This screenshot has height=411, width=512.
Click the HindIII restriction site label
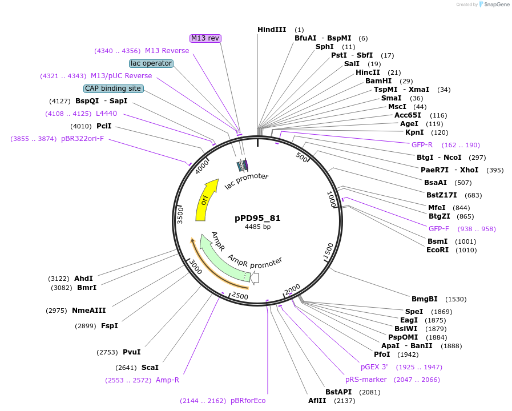(272, 29)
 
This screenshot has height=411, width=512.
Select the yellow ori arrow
(205, 200)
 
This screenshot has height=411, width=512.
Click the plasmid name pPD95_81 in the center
(257, 218)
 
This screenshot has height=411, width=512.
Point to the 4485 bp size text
(257, 227)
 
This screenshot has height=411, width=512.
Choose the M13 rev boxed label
(205, 38)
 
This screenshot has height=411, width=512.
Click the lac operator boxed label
(151, 63)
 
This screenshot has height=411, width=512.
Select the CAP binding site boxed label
(113, 88)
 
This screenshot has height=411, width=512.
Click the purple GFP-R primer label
(422, 144)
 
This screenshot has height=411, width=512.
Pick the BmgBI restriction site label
(424, 299)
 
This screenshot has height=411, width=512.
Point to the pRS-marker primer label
(366, 379)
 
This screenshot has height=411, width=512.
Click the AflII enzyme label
(317, 400)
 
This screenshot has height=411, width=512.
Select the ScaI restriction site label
(150, 367)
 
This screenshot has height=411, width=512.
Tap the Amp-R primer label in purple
(167, 380)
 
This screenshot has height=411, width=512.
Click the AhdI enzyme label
(83, 278)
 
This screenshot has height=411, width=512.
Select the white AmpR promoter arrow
(255, 278)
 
